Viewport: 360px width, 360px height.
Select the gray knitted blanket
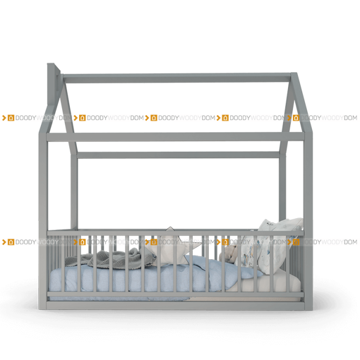click(110, 258)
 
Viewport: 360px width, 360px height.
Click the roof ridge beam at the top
click(177, 78)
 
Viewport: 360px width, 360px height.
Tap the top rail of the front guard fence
click(176, 233)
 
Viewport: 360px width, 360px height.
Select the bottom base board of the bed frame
click(176, 305)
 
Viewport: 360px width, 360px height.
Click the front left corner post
click(43, 220)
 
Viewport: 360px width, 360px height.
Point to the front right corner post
click(308, 220)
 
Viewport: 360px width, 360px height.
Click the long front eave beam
click(176, 137)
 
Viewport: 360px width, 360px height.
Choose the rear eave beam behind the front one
click(178, 155)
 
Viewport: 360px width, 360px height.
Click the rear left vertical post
click(74, 192)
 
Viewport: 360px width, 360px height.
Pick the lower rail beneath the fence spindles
click(176, 294)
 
